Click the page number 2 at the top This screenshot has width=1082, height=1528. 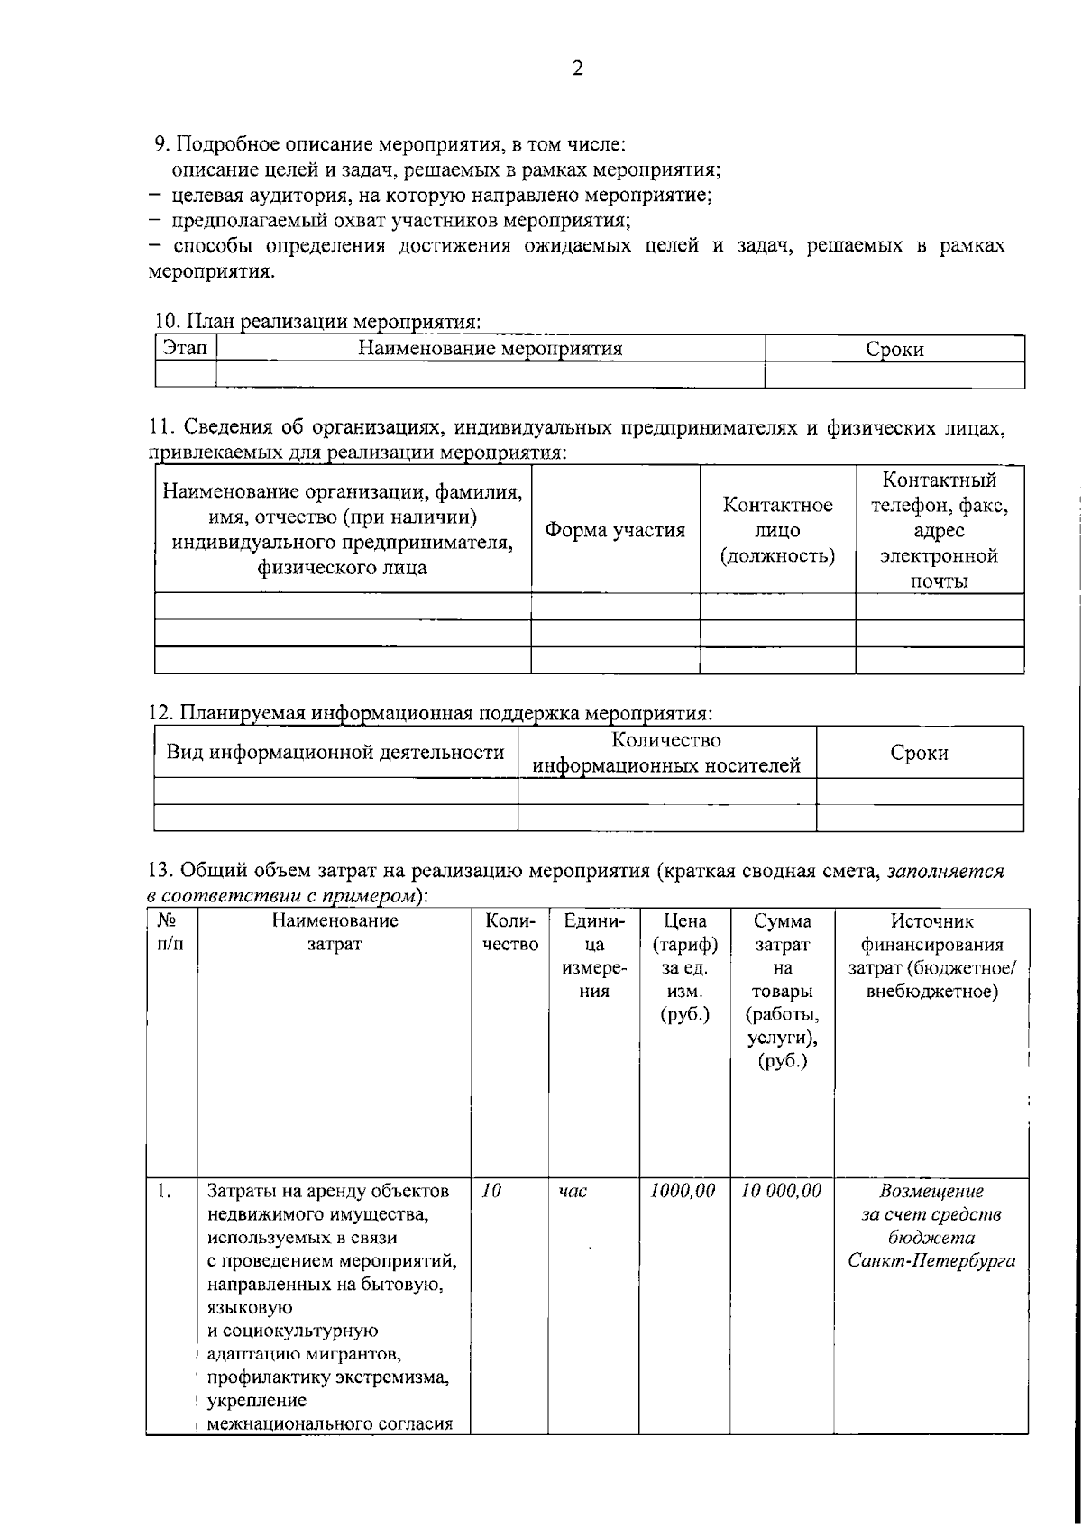(x=577, y=69)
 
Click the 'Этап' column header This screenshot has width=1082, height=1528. (x=185, y=348)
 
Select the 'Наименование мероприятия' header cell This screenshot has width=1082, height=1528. (x=490, y=348)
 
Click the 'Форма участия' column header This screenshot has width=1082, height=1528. (x=615, y=530)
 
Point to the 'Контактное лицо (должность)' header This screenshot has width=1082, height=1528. (x=777, y=530)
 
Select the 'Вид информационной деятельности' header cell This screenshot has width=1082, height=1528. (x=335, y=752)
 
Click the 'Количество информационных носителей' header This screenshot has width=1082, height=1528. (x=666, y=753)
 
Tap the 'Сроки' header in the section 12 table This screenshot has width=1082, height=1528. (x=919, y=753)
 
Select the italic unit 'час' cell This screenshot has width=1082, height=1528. (x=573, y=1191)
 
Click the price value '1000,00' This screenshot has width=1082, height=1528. (x=683, y=1190)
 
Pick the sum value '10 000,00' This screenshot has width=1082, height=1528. (x=781, y=1190)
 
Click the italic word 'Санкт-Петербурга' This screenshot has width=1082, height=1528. (x=931, y=1260)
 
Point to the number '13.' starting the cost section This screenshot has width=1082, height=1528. (x=160, y=872)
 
